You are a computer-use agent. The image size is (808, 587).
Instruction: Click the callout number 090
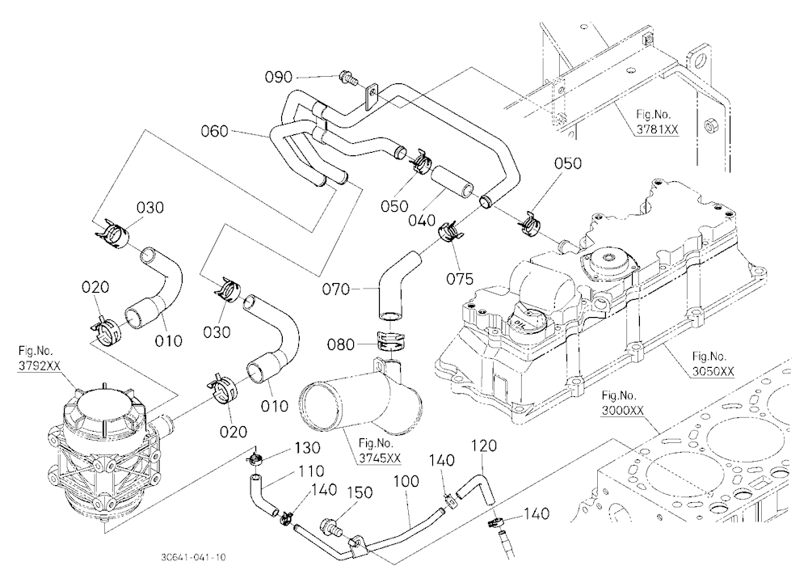click(278, 77)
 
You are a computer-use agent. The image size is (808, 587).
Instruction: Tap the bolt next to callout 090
click(349, 79)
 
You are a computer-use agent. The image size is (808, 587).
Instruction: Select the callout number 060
click(214, 131)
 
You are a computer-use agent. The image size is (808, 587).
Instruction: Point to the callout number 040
click(422, 220)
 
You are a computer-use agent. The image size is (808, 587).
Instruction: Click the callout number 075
click(460, 279)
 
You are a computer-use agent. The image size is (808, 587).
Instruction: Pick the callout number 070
click(336, 289)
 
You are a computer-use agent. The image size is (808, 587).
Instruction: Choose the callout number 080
click(341, 344)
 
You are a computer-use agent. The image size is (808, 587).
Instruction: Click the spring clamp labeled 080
click(390, 340)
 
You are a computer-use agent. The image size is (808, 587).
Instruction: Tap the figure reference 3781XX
click(657, 129)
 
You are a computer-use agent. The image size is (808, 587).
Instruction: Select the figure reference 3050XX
click(713, 371)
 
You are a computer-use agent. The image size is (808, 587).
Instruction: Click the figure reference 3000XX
click(622, 411)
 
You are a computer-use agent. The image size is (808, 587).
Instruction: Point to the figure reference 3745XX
click(380, 458)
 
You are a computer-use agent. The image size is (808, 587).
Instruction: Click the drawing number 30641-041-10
click(193, 557)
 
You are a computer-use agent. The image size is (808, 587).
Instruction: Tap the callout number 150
click(360, 492)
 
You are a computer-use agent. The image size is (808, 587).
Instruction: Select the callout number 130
click(307, 448)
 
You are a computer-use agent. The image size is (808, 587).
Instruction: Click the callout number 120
click(483, 446)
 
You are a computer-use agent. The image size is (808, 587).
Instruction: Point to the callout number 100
click(406, 481)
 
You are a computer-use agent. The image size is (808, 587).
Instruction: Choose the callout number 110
click(311, 471)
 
